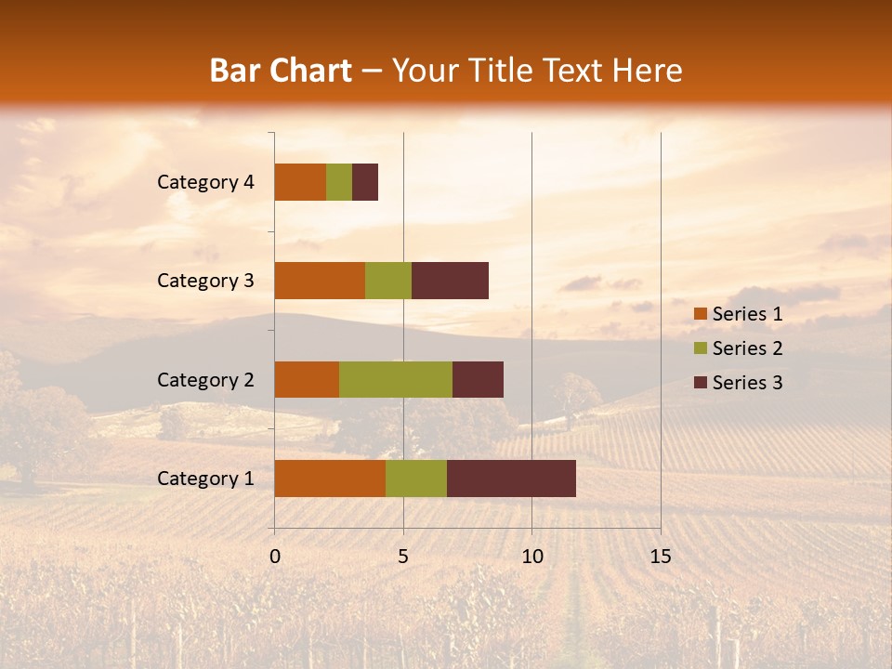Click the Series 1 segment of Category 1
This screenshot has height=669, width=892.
[x=330, y=479]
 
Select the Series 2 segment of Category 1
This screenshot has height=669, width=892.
[x=416, y=479]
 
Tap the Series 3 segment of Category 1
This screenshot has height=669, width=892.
[x=511, y=479]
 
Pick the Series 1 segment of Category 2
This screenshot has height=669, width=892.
[x=307, y=379]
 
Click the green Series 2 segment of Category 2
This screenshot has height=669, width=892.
[x=396, y=379]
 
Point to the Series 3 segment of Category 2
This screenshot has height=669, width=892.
[x=478, y=379]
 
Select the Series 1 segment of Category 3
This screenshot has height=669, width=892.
[x=320, y=281]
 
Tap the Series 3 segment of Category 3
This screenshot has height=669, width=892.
[x=450, y=281]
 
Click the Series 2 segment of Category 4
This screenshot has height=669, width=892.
[x=339, y=182]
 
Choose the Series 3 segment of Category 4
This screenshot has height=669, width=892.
[x=365, y=182]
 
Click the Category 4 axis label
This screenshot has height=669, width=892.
[x=205, y=182]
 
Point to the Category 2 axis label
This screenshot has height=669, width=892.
[x=205, y=379]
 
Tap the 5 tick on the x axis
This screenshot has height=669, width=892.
[x=403, y=557]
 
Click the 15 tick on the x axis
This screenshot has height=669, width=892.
[x=660, y=557]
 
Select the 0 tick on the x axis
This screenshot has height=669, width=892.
[x=275, y=557]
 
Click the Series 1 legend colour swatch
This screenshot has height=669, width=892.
[x=700, y=314]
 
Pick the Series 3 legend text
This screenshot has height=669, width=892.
[x=747, y=383]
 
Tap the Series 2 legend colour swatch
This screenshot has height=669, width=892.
[x=700, y=348]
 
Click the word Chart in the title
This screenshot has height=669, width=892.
[x=308, y=71]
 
